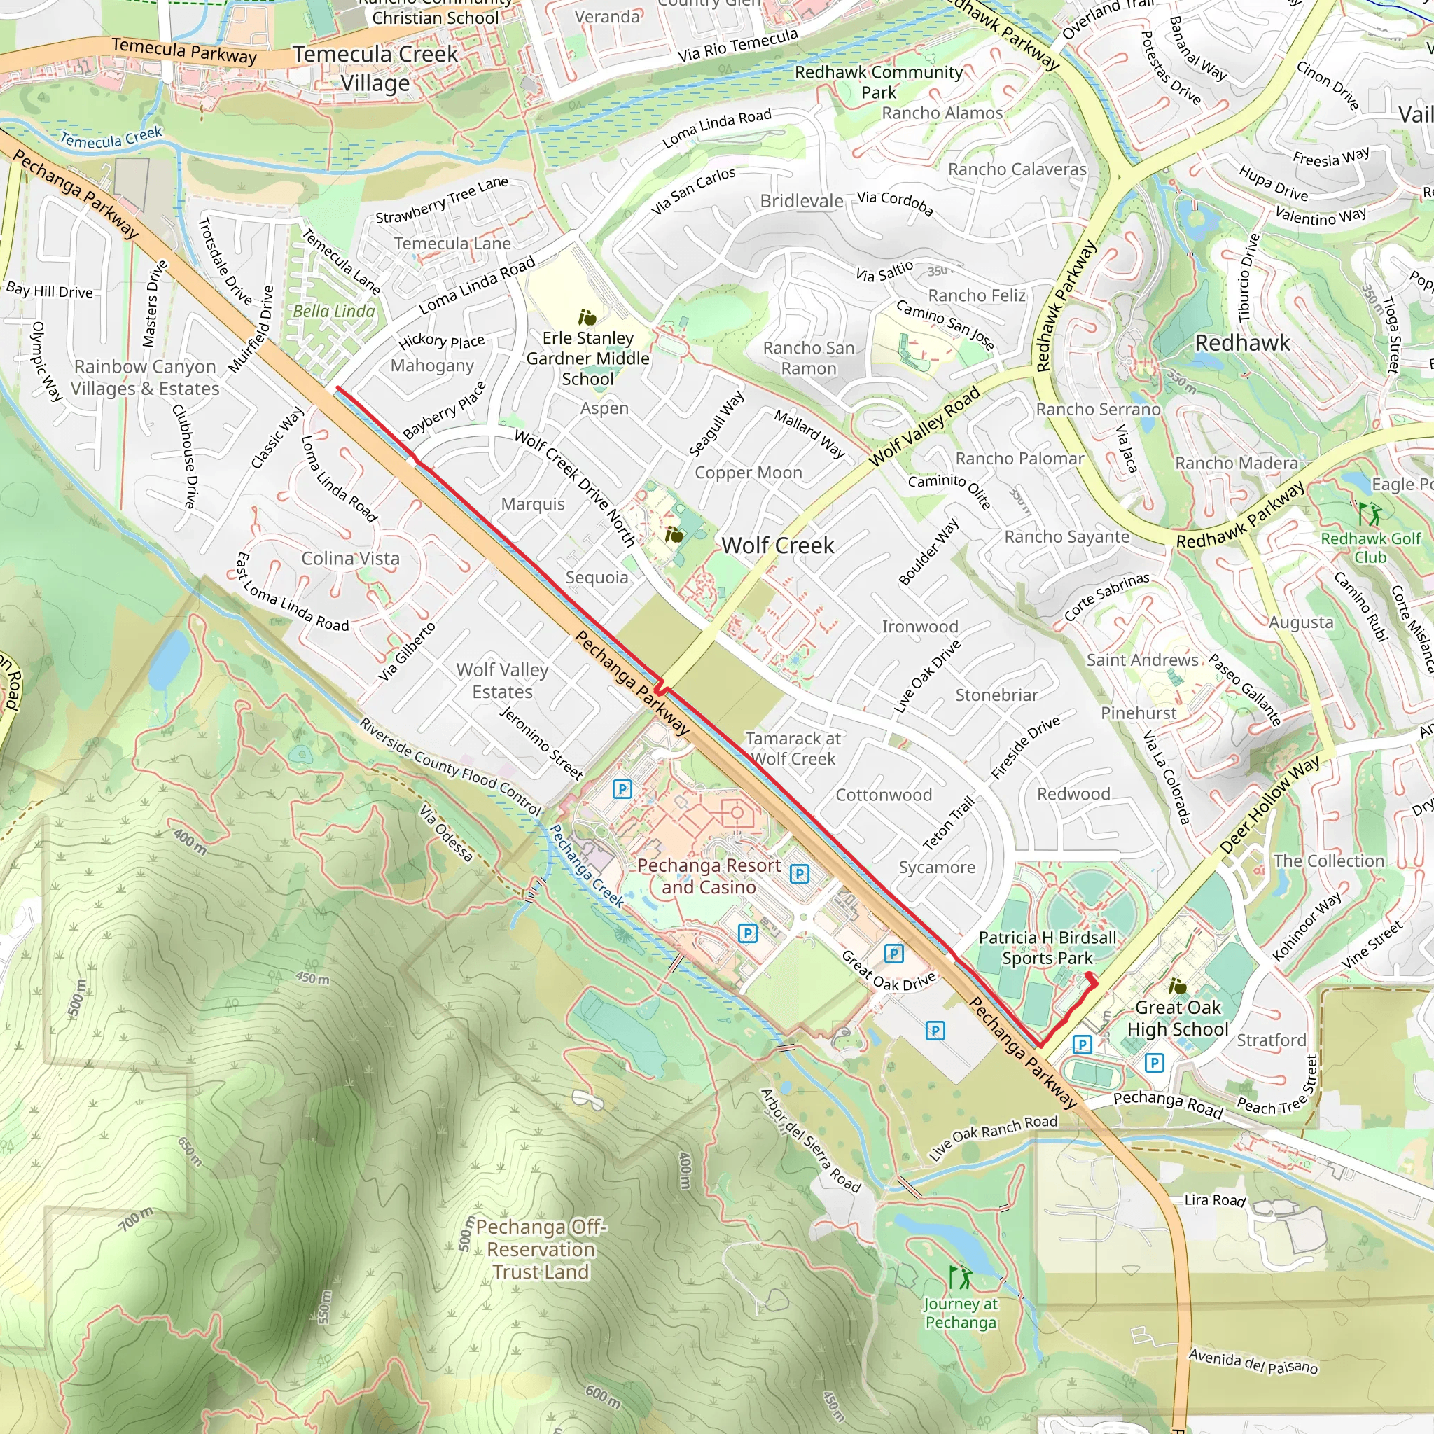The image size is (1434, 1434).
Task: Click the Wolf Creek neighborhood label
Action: click(777, 545)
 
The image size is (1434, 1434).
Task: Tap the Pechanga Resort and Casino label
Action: click(708, 876)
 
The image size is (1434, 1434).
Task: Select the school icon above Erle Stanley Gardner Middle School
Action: click(587, 318)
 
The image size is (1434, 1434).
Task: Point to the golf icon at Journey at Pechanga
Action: click(960, 1276)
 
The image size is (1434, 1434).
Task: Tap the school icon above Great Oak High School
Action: click(1177, 986)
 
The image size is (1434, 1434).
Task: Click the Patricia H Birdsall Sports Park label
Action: click(1047, 948)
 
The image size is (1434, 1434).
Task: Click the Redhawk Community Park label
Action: click(879, 82)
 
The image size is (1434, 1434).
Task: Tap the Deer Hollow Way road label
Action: click(1269, 805)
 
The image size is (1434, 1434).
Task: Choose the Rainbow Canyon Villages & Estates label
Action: click(145, 377)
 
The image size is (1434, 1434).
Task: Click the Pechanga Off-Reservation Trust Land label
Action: click(541, 1249)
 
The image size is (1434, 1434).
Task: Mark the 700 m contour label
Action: click(137, 1219)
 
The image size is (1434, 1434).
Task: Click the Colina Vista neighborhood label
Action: click(350, 558)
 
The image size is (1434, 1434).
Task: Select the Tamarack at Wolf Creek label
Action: click(793, 749)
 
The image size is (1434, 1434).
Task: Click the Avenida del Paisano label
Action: click(1253, 1361)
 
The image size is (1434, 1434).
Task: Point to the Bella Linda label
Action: click(334, 311)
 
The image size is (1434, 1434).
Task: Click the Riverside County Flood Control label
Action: click(450, 767)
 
